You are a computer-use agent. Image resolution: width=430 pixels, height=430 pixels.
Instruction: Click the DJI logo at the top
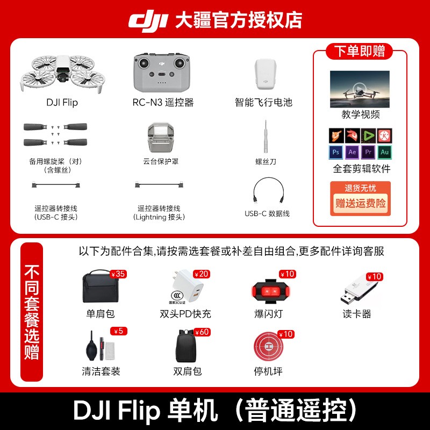[148, 20]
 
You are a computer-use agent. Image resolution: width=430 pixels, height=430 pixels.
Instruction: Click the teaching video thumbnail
[360, 89]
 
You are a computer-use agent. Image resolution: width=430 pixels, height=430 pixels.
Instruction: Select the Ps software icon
[337, 152]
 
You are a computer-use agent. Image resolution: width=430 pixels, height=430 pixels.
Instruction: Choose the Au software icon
[384, 152]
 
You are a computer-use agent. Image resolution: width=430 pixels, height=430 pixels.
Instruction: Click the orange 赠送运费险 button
[360, 204]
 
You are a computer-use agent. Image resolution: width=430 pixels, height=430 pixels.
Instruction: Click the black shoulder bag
[99, 289]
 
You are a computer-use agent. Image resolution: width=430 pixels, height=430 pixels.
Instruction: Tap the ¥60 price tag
[202, 332]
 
